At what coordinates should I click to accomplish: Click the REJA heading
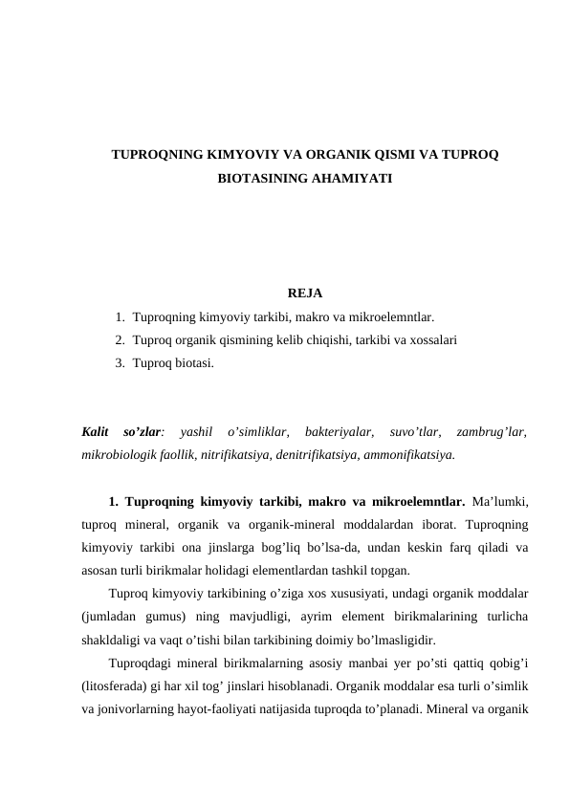coord(304,293)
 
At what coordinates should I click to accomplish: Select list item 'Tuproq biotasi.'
coord(174,363)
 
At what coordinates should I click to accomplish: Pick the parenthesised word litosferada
coord(118,685)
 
